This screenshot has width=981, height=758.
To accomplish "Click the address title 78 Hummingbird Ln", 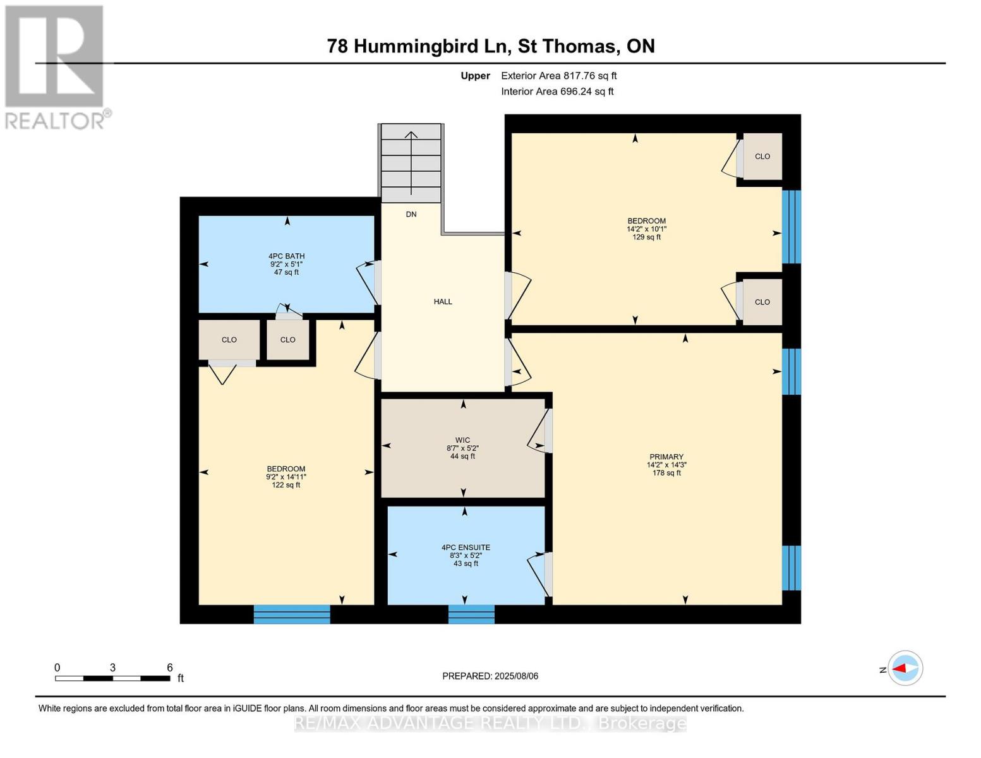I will click(x=490, y=46).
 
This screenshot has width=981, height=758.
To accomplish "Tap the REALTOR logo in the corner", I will click(x=56, y=66).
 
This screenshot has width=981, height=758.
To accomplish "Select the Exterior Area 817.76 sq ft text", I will click(x=558, y=76).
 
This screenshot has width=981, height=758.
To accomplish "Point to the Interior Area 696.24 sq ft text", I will click(x=557, y=92).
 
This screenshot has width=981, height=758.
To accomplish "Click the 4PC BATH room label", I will click(x=286, y=256).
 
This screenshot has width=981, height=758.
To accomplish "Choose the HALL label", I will click(x=443, y=302).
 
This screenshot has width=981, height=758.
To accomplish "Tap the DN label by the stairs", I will click(x=411, y=215).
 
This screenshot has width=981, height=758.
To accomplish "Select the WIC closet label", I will click(x=462, y=440).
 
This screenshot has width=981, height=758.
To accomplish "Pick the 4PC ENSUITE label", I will click(x=466, y=548).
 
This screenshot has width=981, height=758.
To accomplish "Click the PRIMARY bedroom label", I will click(x=666, y=457).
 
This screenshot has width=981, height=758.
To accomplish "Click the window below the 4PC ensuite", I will click(x=471, y=614).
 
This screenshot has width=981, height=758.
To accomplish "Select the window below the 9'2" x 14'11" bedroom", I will click(x=292, y=614).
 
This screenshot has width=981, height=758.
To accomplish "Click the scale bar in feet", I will click(x=112, y=678).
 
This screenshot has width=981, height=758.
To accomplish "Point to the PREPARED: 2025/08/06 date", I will click(x=490, y=676).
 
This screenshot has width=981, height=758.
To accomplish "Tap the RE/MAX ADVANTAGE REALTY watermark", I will click(x=490, y=723).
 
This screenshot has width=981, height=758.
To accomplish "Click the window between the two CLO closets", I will click(x=791, y=227).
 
